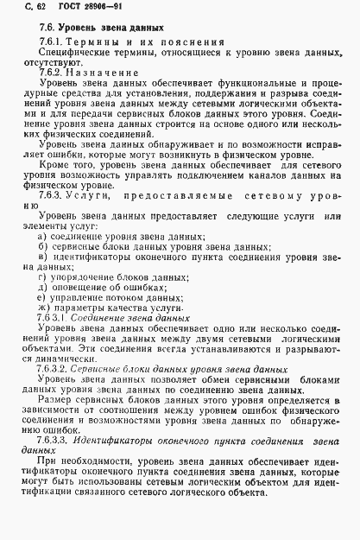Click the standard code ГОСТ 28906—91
click(x=71, y=10)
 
